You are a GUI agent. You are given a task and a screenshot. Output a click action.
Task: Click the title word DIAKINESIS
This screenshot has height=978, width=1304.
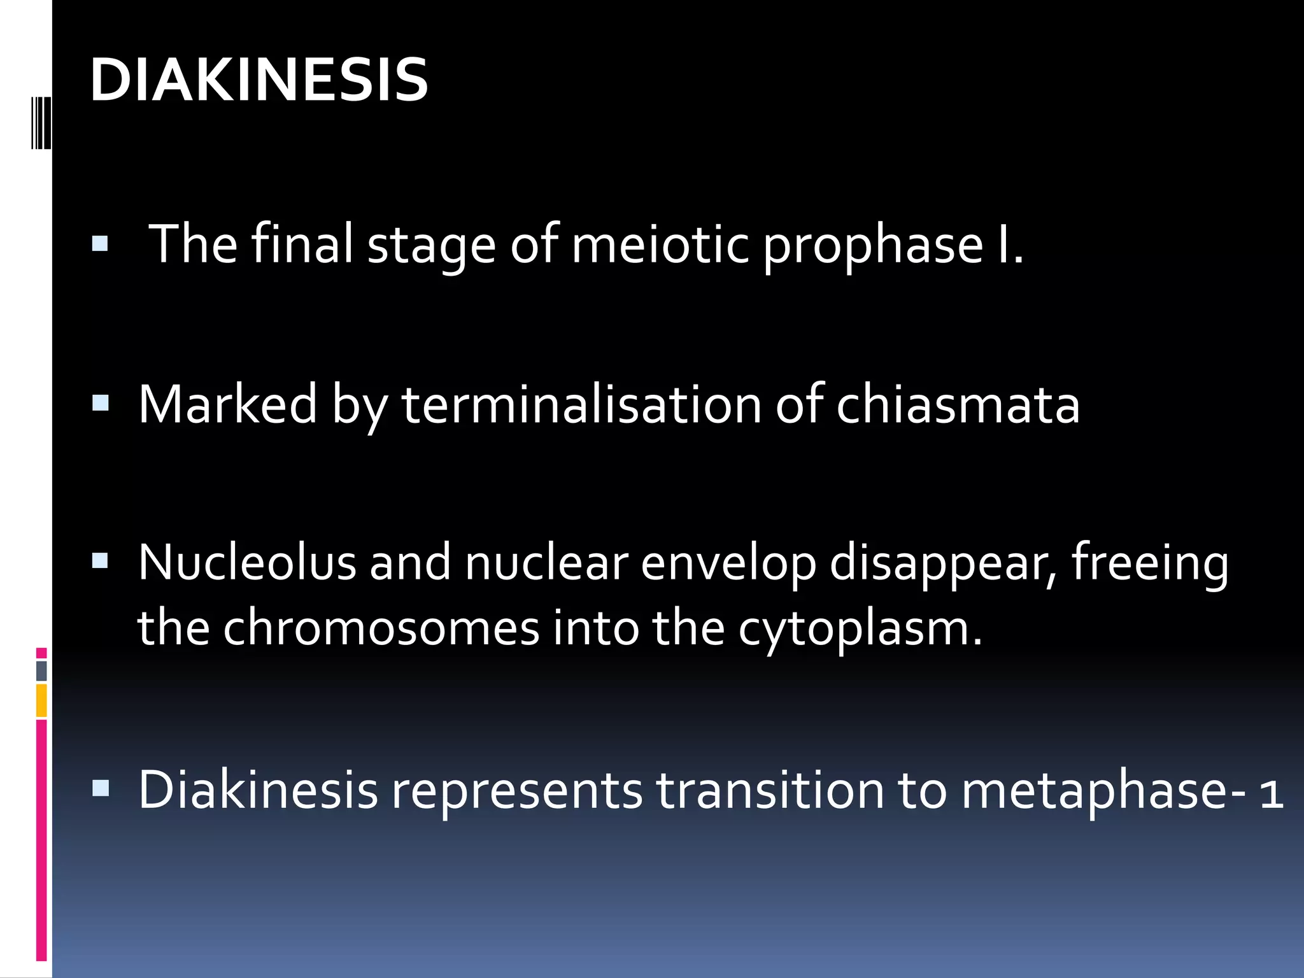coord(259,80)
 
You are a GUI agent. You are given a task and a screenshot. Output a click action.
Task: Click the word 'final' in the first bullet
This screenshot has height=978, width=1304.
coord(302,244)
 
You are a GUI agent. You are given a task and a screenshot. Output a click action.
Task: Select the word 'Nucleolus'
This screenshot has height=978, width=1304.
coord(246,562)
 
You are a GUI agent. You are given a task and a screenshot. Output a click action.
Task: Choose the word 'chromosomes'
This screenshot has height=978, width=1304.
coord(381,628)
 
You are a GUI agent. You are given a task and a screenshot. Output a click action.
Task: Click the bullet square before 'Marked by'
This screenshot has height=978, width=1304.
coord(101,403)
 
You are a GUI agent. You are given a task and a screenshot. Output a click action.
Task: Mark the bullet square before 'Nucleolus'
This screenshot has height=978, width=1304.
coord(101,561)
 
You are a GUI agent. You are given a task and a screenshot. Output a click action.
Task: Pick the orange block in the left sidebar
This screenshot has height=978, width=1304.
coord(41,700)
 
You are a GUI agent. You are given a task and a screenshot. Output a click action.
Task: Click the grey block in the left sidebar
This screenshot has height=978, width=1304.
coord(41,670)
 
